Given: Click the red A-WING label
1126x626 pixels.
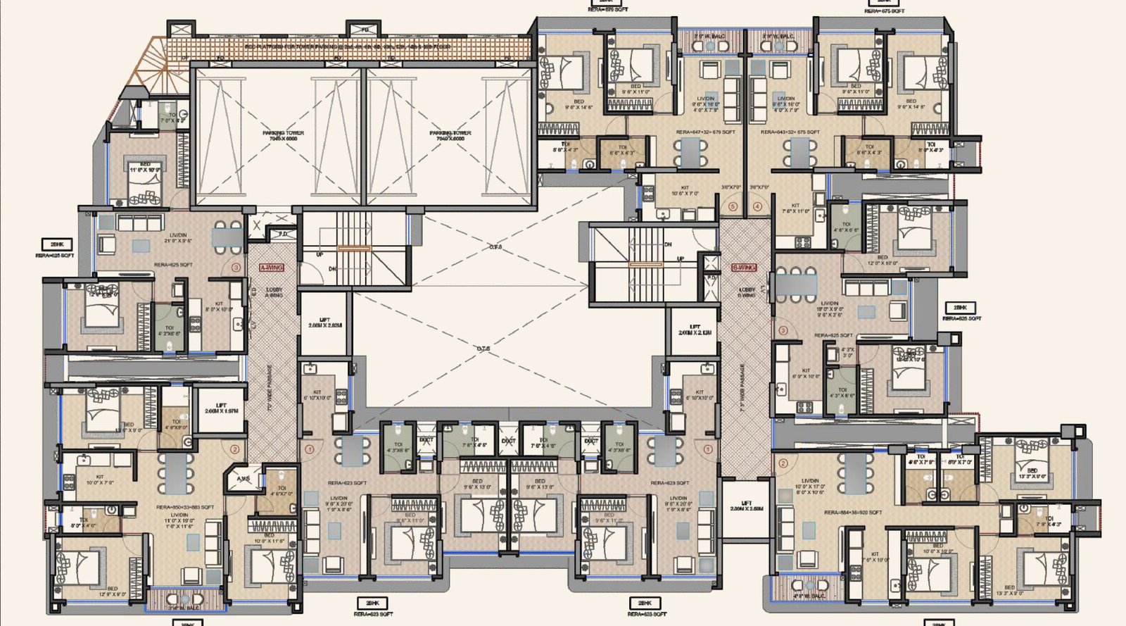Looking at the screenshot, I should point(272,268).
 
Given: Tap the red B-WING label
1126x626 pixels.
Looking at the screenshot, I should point(744,268).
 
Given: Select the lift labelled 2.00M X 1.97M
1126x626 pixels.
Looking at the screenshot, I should point(221,408).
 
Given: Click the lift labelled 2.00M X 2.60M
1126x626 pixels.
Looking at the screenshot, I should point(746,506).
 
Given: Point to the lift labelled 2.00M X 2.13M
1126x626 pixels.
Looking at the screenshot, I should point(695,330).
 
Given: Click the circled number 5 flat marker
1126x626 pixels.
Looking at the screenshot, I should point(733,207).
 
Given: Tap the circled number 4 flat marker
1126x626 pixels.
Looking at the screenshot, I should point(757,207).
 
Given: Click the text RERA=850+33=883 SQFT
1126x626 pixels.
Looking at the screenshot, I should point(184,507).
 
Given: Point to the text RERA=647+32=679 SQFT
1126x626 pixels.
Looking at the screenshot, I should point(705,132).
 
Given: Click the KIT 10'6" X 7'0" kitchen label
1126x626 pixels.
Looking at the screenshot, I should point(684,190).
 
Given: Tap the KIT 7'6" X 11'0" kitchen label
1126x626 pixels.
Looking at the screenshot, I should point(795,208).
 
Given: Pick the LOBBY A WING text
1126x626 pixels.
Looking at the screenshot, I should point(274,292).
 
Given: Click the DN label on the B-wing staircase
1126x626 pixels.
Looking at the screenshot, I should point(667,244).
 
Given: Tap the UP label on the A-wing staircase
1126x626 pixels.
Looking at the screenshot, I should point(320,254).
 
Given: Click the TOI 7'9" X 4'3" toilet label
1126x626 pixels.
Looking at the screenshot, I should point(1049,521).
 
